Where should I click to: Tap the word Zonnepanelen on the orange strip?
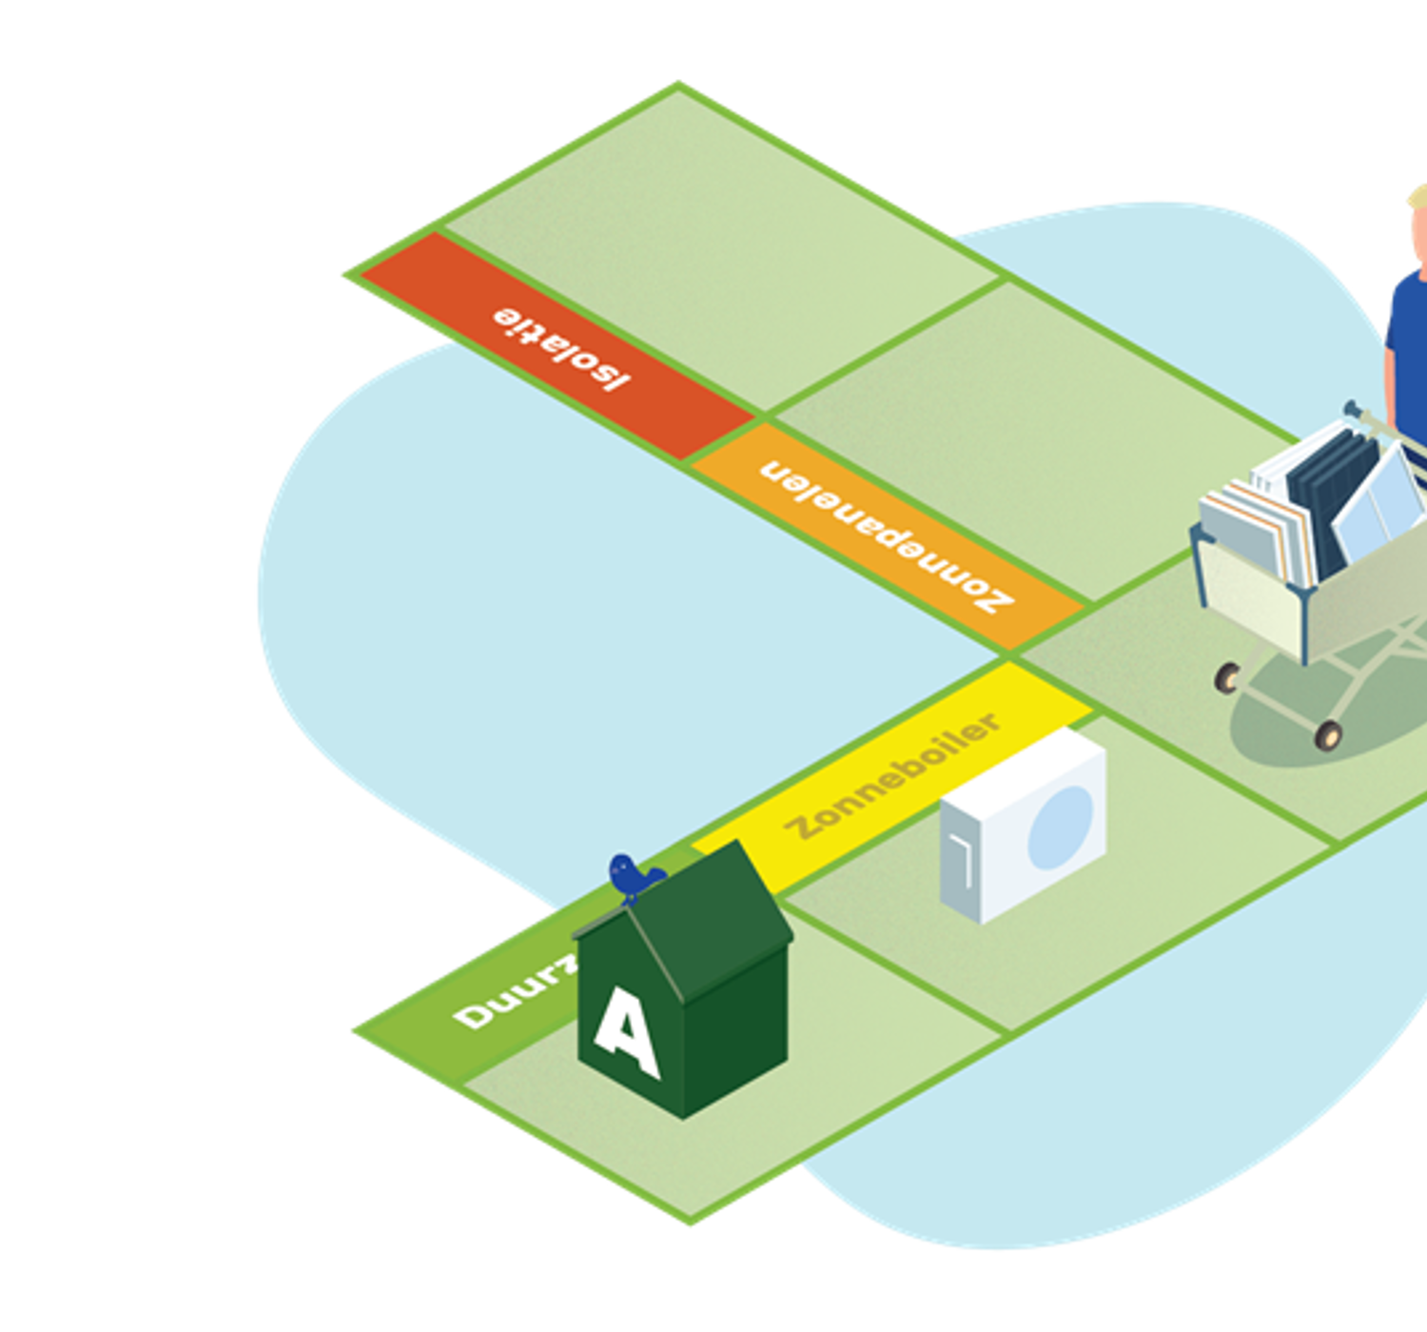[x=886, y=536]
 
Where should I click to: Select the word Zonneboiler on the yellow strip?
[x=892, y=776]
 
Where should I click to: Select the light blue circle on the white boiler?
[x=1059, y=827]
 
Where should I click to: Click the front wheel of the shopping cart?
[x=1327, y=735]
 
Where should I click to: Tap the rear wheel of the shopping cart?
[x=1227, y=677]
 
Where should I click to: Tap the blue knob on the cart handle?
[x=1350, y=409]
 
